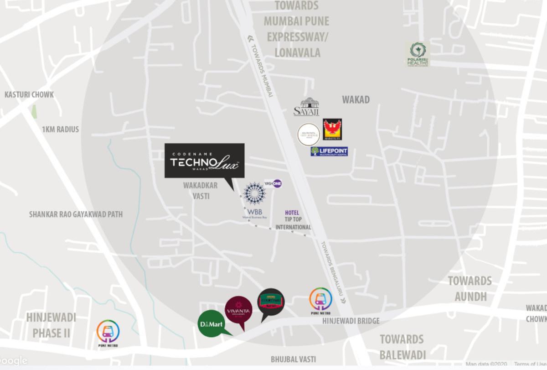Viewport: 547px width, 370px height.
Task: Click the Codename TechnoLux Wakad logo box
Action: click(204, 161)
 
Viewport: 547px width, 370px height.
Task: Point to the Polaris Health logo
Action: click(418, 54)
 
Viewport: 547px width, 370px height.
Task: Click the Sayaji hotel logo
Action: click(306, 106)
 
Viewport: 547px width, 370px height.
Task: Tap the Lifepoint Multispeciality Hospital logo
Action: click(329, 151)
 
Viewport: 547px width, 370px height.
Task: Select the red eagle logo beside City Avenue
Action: click(332, 129)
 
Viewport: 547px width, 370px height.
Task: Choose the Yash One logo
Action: click(273, 183)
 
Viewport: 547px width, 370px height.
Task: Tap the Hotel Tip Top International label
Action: click(293, 220)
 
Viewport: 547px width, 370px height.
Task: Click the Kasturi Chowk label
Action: click(29, 95)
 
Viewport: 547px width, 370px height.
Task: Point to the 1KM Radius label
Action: click(60, 129)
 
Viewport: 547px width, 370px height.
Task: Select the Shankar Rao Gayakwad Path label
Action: click(76, 214)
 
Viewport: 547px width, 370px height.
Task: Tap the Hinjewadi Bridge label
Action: click(351, 321)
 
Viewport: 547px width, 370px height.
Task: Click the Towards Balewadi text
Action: click(402, 347)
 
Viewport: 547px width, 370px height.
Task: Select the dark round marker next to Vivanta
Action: click(271, 301)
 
